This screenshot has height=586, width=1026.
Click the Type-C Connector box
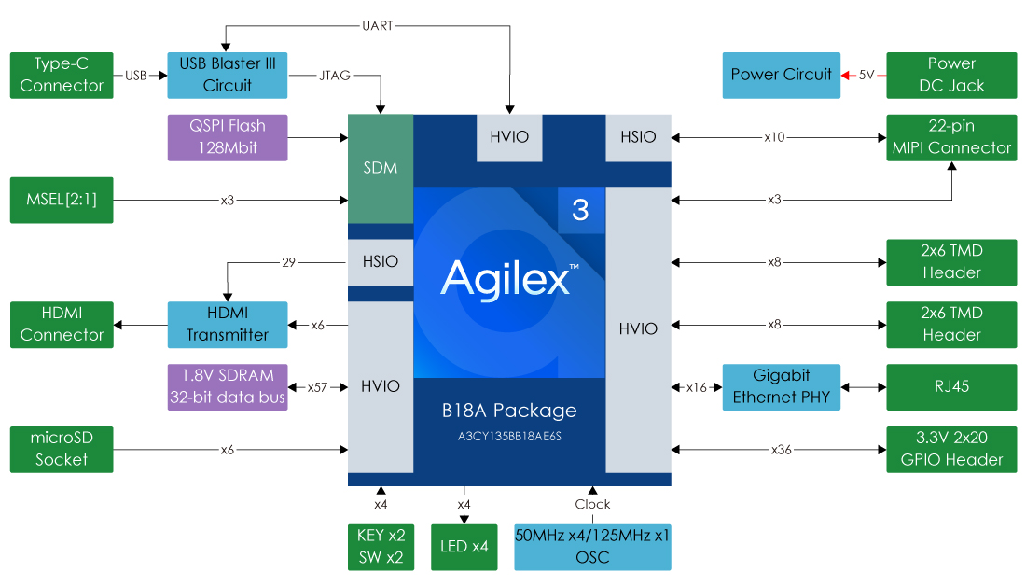[x=62, y=75]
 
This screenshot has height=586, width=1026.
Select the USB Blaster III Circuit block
[x=228, y=75]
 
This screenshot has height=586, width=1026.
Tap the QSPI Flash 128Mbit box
[x=228, y=136]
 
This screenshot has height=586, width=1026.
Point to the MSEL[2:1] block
[x=62, y=199]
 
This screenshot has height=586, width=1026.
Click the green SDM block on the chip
[x=381, y=168]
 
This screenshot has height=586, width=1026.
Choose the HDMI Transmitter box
[x=228, y=324]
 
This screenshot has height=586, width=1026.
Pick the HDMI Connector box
[x=62, y=324]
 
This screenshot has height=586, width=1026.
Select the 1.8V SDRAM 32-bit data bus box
[x=228, y=386]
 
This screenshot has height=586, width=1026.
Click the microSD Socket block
[x=62, y=448]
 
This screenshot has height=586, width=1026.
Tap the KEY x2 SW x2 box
[x=381, y=547]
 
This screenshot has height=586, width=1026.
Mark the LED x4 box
[x=464, y=547]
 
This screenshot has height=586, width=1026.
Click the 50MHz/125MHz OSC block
[x=592, y=547]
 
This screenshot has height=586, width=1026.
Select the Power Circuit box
[x=781, y=75]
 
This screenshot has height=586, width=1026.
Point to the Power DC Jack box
[x=951, y=75]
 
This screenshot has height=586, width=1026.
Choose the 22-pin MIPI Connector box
[x=951, y=136]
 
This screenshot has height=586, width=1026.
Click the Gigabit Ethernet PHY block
[x=781, y=386]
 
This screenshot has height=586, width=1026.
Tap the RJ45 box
[x=951, y=386]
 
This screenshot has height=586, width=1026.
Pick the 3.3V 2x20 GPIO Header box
[x=951, y=448]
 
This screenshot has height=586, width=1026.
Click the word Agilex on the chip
[x=505, y=277]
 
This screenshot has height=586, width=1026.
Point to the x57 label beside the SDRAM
[x=318, y=386]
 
